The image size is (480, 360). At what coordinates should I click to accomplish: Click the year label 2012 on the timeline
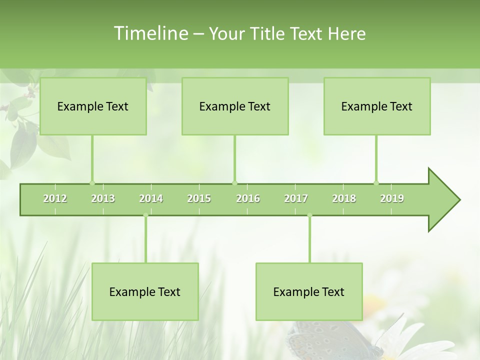click(55, 198)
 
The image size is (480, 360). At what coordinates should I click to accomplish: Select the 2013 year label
click(103, 198)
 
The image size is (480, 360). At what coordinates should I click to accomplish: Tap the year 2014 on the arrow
click(151, 198)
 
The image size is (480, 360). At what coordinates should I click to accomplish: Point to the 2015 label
click(199, 198)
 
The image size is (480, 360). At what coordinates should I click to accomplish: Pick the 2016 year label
click(248, 198)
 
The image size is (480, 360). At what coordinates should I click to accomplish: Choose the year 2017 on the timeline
click(296, 198)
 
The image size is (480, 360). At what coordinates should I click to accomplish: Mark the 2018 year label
click(344, 198)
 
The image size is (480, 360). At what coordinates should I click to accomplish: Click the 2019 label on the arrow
click(392, 198)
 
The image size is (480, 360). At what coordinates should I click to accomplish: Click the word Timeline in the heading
click(150, 33)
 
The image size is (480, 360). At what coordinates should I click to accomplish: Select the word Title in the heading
click(269, 33)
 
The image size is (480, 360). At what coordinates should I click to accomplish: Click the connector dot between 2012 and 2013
click(92, 183)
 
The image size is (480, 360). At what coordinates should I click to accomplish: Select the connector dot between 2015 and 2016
click(234, 183)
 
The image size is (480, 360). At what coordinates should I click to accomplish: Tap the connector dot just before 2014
click(145, 215)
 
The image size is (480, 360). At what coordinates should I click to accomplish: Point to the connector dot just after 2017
click(309, 215)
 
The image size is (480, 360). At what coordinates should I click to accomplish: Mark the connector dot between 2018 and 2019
click(376, 183)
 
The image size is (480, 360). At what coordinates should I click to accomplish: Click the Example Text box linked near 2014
click(145, 291)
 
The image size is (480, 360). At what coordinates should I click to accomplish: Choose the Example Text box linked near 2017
click(309, 291)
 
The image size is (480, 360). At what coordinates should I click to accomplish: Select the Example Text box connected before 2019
click(377, 106)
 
